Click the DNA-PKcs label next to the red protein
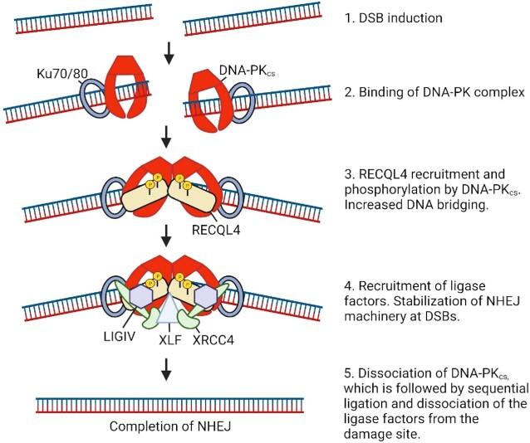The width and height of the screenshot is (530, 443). [x=242, y=74]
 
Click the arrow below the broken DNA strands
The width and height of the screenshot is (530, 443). [x=170, y=56]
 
